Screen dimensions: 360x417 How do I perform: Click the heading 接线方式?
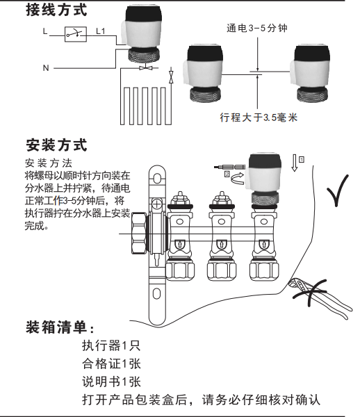point(56,10)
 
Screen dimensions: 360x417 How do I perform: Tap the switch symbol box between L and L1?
point(76,34)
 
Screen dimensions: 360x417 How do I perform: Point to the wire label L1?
point(101,31)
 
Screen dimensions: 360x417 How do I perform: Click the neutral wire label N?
point(46,68)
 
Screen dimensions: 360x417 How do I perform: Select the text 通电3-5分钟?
point(257,28)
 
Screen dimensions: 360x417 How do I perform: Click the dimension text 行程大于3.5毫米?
point(258,117)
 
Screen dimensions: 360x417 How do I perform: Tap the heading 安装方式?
point(56,145)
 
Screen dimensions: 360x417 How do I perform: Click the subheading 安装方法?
point(49,163)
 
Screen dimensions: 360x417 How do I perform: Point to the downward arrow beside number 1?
point(295,163)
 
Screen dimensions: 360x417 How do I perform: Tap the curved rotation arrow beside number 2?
point(238,178)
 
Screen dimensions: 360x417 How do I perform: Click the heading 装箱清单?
point(60,327)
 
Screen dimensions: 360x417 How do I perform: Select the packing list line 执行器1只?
point(111,345)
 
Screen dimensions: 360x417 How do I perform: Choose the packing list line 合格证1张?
point(111,363)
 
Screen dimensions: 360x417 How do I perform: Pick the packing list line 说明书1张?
point(111,382)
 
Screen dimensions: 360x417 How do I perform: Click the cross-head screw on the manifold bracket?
point(157,204)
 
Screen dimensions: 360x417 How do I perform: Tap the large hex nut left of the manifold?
point(139,234)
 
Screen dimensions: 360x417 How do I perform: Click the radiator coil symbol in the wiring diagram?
point(146,106)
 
